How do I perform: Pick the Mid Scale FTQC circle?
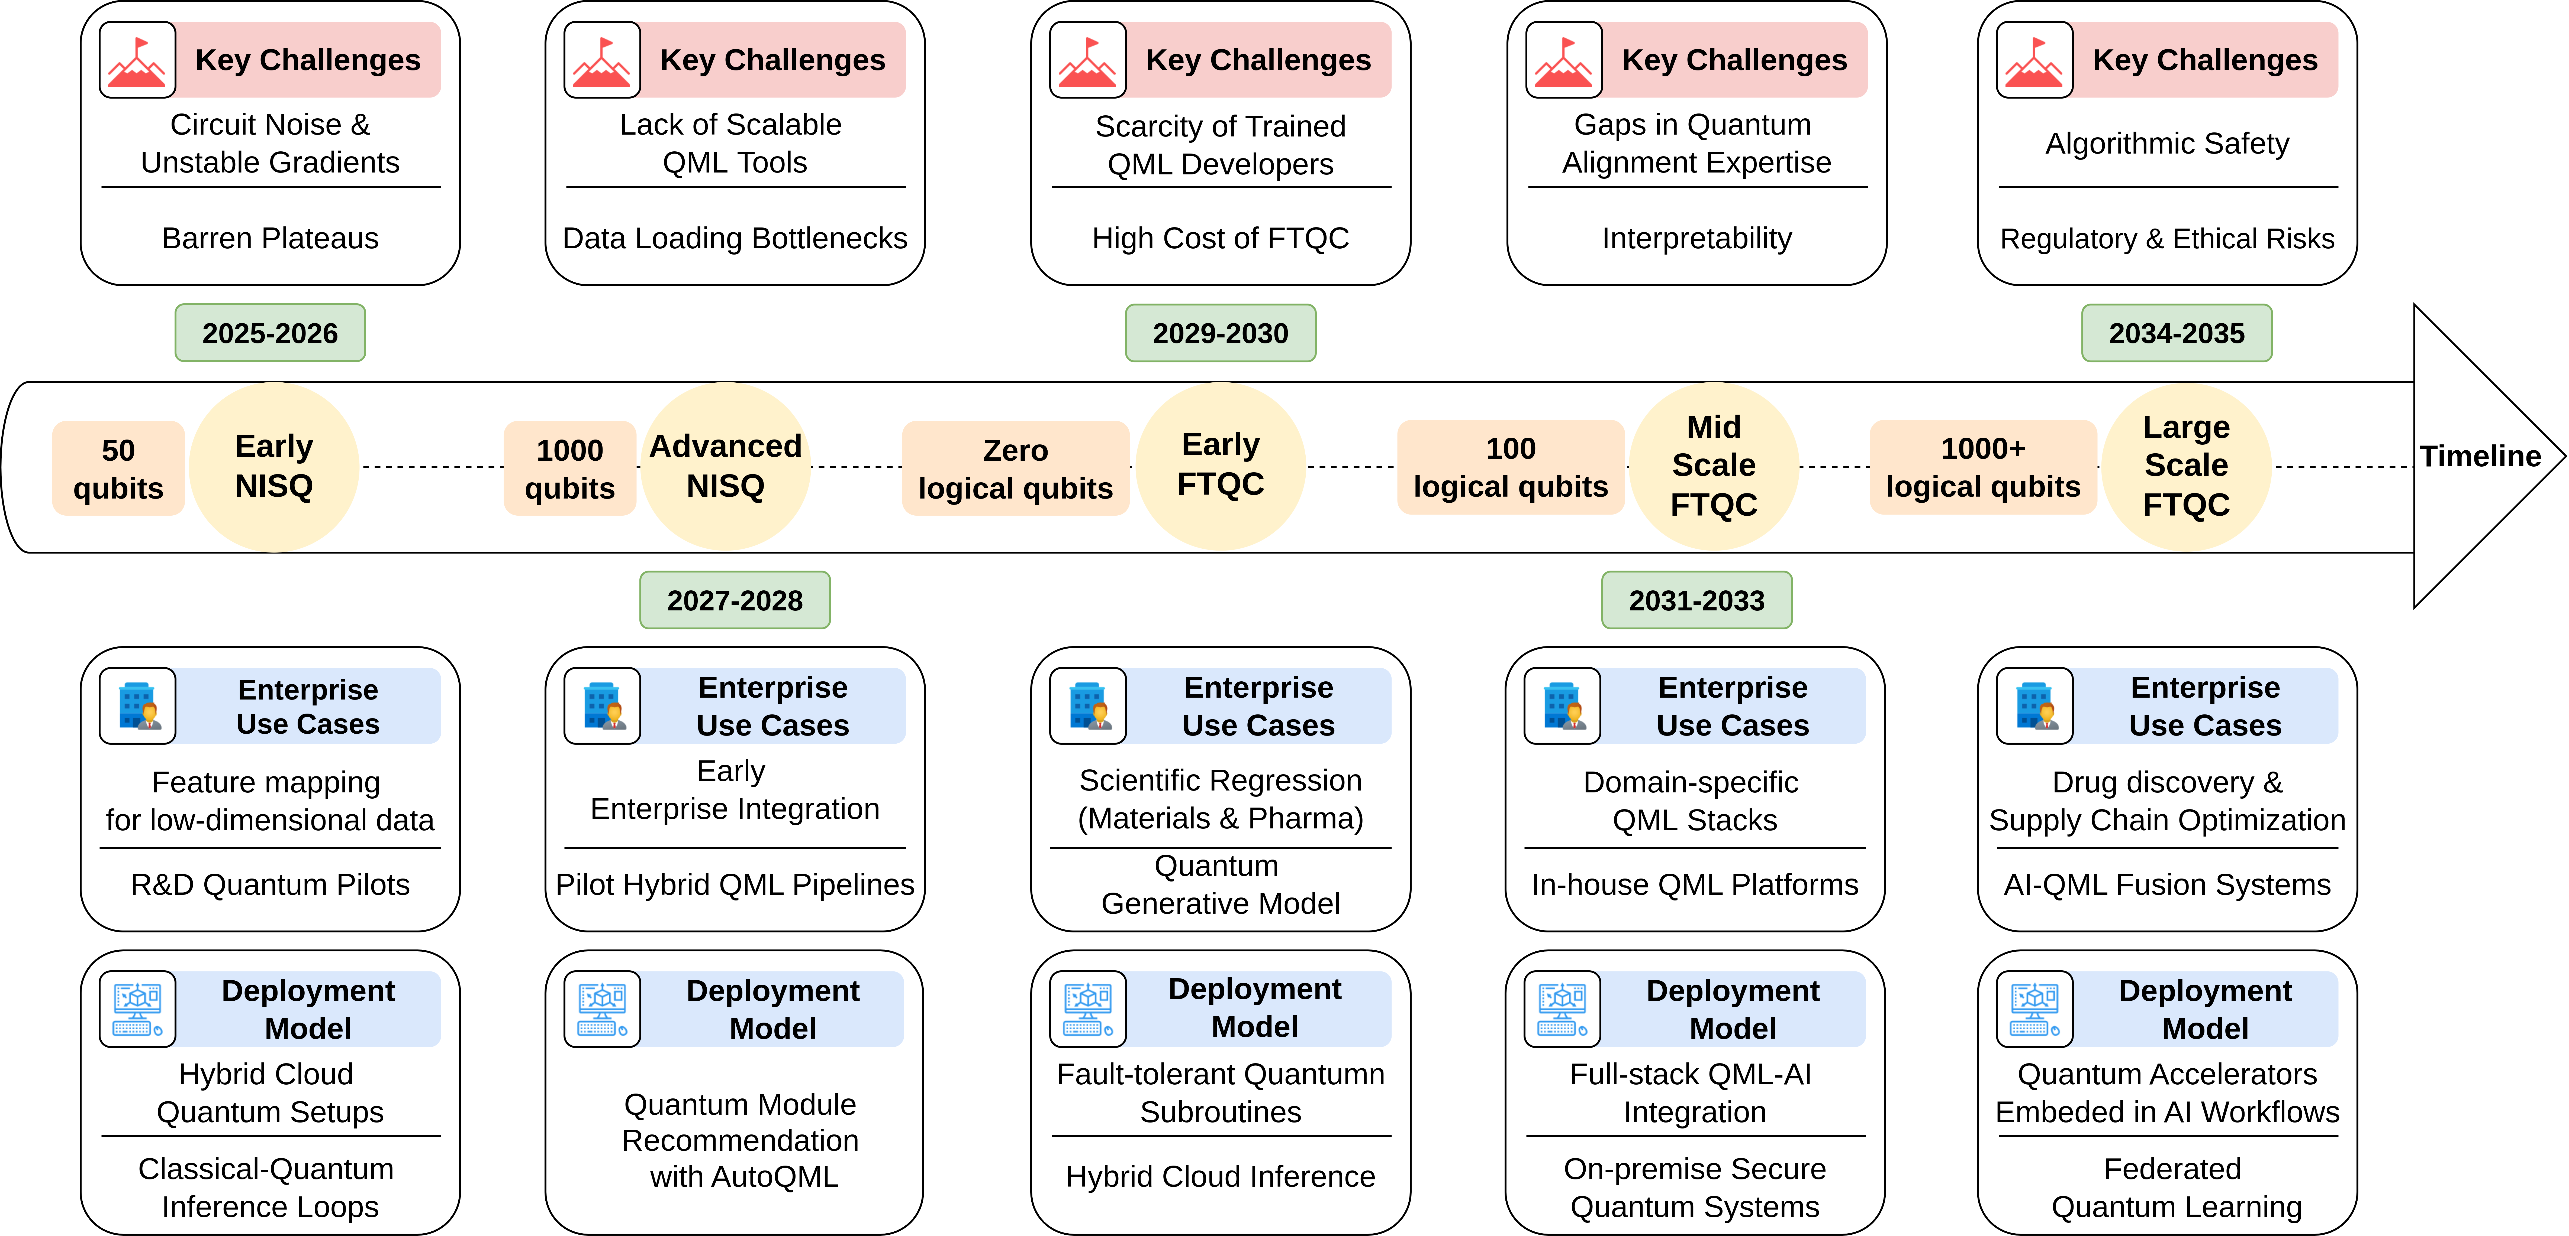click(1713, 467)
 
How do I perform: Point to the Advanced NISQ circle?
click(725, 467)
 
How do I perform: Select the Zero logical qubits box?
click(1015, 469)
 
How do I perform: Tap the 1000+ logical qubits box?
click(1983, 467)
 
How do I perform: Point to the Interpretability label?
click(1696, 238)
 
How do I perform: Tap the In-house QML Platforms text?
click(1694, 884)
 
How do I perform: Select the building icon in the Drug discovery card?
click(2034, 706)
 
